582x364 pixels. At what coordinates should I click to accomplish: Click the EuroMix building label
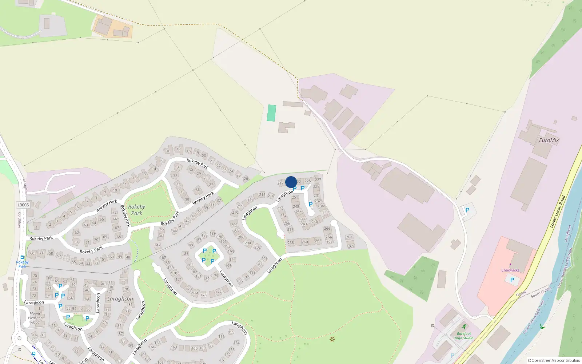549,140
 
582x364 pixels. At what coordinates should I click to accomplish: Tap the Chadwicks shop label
510,270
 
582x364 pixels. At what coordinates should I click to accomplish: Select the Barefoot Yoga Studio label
464,336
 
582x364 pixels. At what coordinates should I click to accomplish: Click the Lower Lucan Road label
558,212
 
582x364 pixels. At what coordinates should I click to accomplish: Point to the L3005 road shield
23,205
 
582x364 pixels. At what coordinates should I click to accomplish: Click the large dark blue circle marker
291,182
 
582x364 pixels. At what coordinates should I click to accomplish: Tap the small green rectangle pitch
271,113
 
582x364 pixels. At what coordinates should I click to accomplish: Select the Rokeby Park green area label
136,210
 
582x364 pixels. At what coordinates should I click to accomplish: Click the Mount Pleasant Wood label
35,318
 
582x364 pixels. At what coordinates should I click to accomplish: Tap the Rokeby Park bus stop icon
22,257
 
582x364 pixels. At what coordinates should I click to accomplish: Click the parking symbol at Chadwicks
512,280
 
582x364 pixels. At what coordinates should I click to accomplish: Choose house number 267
349,237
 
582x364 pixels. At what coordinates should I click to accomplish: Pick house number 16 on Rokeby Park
168,151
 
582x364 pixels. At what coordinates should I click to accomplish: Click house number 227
318,179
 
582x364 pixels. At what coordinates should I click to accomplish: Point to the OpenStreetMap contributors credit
554,360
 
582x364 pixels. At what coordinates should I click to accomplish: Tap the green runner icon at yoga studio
464,327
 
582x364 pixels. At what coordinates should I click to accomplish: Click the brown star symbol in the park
332,339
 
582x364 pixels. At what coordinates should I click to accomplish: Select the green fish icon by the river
542,327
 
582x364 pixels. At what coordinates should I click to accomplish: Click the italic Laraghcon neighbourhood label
120,299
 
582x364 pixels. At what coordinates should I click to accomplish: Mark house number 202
258,247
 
